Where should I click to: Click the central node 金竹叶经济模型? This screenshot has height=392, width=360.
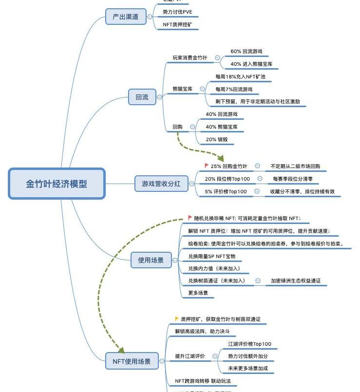[x=57, y=184]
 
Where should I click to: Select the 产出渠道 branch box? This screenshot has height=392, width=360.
[x=126, y=17]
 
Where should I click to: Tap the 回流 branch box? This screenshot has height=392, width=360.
[x=142, y=97]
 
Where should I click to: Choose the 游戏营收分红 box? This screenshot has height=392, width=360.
[x=161, y=184]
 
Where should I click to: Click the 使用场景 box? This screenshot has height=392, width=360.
[x=151, y=260]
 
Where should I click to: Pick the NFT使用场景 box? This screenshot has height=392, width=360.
[x=132, y=361]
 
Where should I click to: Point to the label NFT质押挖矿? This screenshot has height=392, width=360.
[x=181, y=24]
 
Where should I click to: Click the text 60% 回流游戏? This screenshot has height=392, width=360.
[x=249, y=51]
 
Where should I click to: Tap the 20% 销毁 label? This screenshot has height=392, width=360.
[x=216, y=139]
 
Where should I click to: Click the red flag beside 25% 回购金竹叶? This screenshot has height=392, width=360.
[x=207, y=166]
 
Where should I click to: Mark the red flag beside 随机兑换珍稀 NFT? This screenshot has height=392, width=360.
[x=190, y=218]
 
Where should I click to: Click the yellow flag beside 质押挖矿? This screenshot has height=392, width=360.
[x=177, y=319]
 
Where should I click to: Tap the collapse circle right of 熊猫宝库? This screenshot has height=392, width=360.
[x=202, y=89]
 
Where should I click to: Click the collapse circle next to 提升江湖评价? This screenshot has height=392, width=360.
[x=215, y=356]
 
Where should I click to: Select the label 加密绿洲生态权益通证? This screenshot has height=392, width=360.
[x=295, y=281]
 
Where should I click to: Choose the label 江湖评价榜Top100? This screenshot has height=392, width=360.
[x=250, y=344]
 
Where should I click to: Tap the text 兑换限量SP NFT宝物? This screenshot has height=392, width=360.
[x=211, y=256]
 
